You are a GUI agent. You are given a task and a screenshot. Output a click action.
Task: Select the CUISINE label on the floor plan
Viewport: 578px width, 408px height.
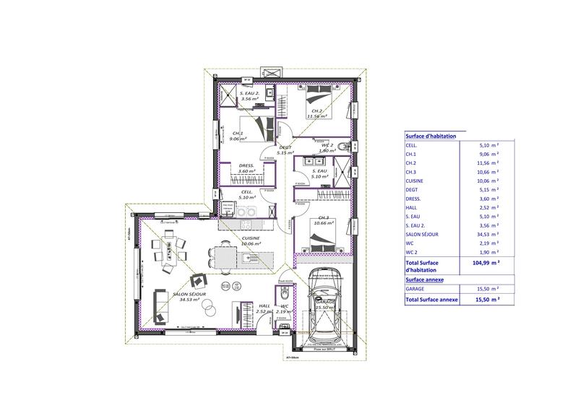(x=251, y=238)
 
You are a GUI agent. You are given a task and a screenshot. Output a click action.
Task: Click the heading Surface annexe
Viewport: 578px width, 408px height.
(x=425, y=277)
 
